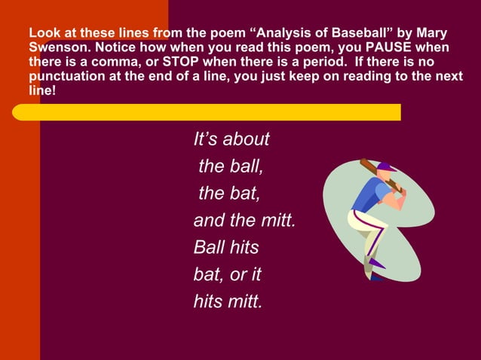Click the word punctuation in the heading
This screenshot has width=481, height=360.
click(63, 76)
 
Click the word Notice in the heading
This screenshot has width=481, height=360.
click(117, 48)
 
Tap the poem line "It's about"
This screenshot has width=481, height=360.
click(231, 140)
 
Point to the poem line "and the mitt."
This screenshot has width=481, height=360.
click(244, 221)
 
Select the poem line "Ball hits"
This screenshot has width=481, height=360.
click(226, 247)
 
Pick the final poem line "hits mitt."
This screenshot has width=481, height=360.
click(228, 302)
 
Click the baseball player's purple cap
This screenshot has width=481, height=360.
click(387, 166)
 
